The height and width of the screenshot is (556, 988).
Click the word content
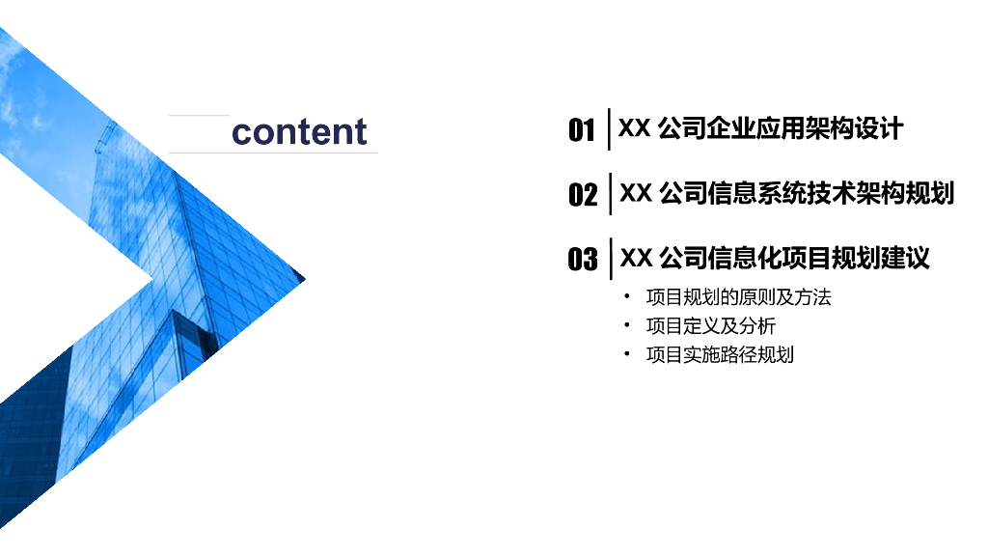(x=299, y=132)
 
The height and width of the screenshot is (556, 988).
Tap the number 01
(x=582, y=130)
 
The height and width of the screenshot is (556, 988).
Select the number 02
(x=583, y=195)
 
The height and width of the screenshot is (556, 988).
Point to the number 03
(x=583, y=260)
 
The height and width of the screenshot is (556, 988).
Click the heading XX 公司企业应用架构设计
(x=760, y=128)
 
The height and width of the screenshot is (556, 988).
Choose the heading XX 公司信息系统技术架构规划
(x=786, y=193)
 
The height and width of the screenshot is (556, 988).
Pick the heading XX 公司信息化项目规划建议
(x=774, y=258)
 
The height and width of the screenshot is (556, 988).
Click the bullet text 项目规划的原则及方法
(x=738, y=297)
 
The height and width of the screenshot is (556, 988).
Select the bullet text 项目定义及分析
(x=710, y=326)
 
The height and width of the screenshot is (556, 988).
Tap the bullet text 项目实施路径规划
(x=720, y=355)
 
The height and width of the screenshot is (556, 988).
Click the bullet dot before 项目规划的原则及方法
(x=627, y=296)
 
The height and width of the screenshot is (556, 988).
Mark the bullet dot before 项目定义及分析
(x=627, y=325)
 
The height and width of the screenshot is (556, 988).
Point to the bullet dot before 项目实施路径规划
(x=627, y=354)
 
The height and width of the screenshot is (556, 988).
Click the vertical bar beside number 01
(x=609, y=129)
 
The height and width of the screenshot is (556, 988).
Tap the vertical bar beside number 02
(x=611, y=194)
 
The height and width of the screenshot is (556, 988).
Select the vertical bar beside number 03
(x=611, y=259)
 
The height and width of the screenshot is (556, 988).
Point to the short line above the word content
(x=199, y=116)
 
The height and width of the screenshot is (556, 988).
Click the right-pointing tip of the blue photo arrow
(x=303, y=279)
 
